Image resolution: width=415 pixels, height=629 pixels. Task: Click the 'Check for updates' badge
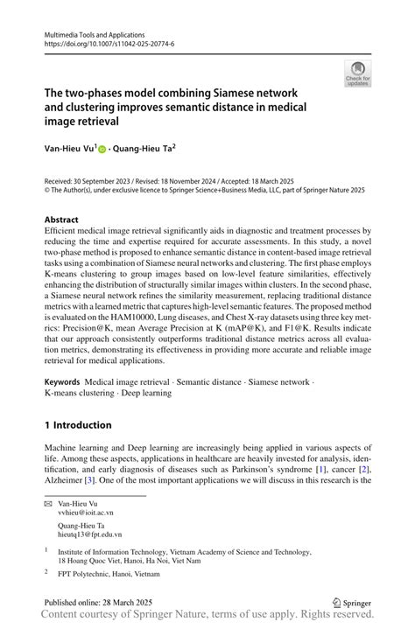(357, 73)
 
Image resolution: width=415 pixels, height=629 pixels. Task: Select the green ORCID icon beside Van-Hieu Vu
(102, 150)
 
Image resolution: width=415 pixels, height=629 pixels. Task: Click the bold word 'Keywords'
(62, 382)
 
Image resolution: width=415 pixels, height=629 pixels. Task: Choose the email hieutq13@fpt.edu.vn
(89, 534)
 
